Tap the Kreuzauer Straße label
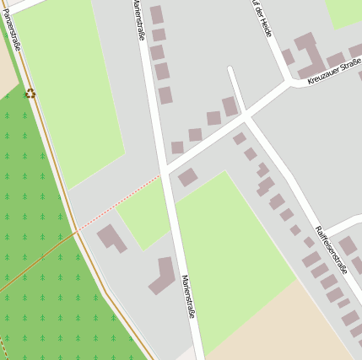(x=333, y=69)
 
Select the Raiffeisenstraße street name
(x=332, y=250)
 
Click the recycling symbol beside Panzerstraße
(x=31, y=93)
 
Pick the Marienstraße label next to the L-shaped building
(x=188, y=296)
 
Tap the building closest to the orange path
(x=111, y=238)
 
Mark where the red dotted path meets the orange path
(x=77, y=229)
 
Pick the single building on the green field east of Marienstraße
(x=187, y=177)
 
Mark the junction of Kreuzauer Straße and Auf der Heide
(x=289, y=83)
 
